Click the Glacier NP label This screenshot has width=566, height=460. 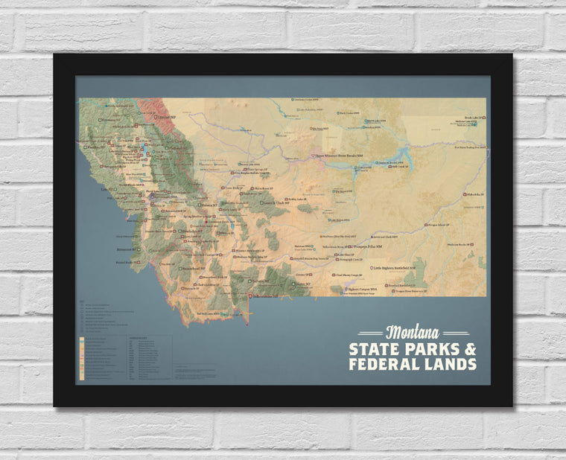point(166,116)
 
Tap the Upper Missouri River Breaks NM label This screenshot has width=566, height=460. point(342,156)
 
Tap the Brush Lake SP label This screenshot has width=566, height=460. point(474,118)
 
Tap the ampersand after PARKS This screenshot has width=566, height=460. point(468,348)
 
